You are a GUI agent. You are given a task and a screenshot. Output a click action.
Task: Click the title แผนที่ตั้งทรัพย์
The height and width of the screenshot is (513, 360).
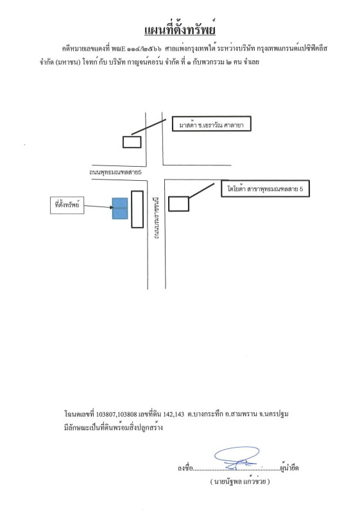180,29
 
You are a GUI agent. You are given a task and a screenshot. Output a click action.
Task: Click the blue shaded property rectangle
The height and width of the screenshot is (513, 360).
120,208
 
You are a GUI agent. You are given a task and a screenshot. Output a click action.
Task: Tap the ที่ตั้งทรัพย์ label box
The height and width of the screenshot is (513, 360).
67,205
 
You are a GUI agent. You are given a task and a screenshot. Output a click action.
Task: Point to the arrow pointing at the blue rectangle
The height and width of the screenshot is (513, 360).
99,206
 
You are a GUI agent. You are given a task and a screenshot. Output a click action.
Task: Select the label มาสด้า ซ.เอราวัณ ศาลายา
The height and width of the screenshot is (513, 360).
211,124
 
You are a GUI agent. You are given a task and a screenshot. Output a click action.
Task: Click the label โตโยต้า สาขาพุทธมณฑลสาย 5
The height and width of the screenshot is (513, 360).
265,189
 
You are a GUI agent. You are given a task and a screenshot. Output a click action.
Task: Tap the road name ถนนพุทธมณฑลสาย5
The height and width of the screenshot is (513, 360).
116,172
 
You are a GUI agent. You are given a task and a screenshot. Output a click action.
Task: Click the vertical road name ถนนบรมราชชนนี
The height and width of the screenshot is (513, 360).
157,217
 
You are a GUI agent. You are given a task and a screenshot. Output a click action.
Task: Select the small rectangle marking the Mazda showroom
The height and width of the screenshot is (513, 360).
132,142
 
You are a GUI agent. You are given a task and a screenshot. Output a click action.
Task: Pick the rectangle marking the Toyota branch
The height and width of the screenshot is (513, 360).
178,204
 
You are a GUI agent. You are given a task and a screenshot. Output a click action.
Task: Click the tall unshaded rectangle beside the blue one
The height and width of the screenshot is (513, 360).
137,209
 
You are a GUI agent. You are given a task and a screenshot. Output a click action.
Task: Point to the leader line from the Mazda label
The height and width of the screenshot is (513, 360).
149,127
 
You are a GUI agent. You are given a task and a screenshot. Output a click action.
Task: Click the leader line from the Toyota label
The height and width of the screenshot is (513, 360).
201,190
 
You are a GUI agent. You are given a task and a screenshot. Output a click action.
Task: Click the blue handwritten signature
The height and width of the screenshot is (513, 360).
237,458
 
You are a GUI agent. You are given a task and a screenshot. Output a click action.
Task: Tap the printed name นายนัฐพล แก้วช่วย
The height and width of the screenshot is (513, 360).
240,482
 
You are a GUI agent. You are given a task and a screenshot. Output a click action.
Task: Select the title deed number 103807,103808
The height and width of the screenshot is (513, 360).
117,414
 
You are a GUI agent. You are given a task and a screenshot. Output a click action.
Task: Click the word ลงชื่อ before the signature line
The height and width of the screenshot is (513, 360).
185,468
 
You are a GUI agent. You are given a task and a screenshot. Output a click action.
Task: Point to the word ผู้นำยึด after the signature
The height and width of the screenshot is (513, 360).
289,467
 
